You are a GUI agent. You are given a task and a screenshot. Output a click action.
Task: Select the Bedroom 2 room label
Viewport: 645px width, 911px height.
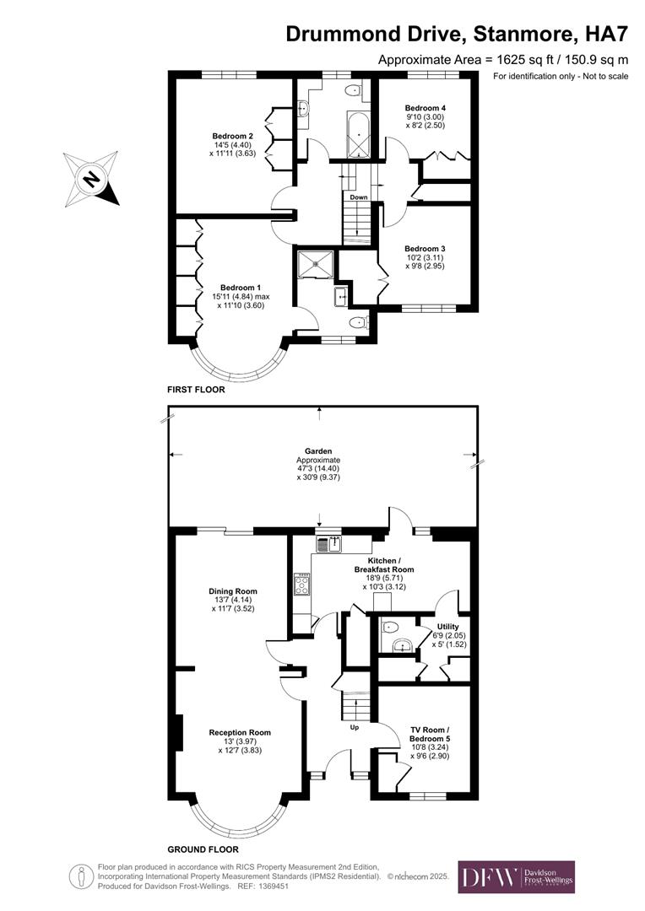[232, 136]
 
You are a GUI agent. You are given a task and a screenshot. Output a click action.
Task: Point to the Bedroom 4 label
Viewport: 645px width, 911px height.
[425, 108]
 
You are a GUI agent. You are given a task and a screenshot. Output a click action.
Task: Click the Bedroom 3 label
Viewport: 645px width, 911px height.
[425, 249]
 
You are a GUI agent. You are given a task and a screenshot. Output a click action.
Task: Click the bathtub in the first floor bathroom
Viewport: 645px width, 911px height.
[359, 135]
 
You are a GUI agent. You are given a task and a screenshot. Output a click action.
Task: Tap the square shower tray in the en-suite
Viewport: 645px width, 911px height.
[317, 263]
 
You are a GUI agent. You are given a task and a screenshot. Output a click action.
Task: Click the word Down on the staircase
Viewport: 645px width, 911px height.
[358, 197]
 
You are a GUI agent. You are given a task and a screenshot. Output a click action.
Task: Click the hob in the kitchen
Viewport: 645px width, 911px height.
[301, 584]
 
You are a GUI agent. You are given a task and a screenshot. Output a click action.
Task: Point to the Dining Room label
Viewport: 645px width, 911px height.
[233, 591]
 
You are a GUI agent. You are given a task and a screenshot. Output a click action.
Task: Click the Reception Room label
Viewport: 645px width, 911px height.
[240, 732]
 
